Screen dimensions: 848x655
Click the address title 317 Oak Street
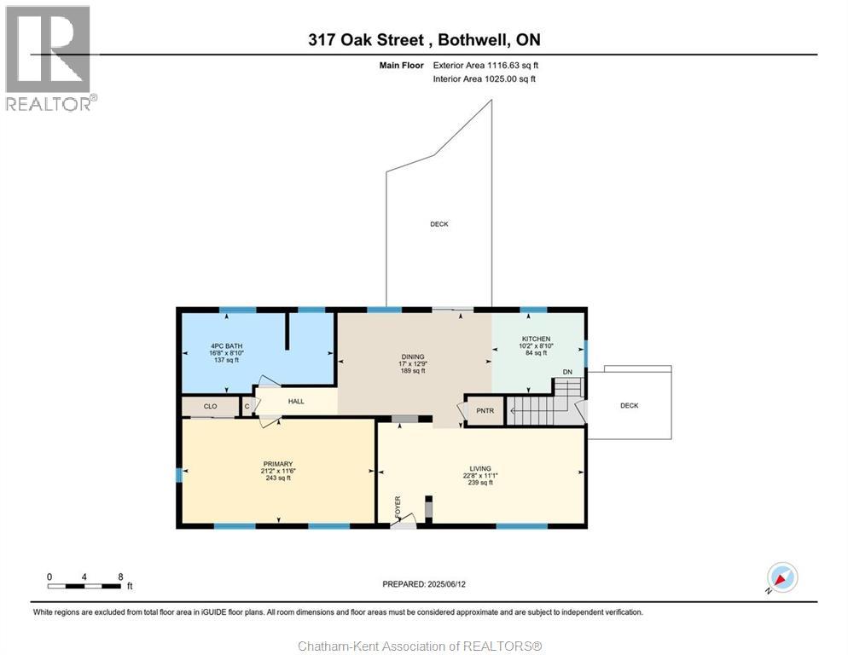click(x=366, y=40)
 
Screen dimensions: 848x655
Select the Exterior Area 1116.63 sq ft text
click(x=485, y=66)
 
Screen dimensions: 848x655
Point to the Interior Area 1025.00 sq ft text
click(x=484, y=79)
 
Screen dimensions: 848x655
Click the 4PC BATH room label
click(x=227, y=346)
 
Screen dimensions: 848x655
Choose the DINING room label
click(x=413, y=357)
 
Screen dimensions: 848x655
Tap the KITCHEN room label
click(x=536, y=339)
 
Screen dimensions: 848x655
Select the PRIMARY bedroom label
click(x=278, y=464)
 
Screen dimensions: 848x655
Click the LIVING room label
click(x=480, y=469)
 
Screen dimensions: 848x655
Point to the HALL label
click(x=296, y=402)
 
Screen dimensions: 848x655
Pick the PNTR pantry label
click(x=485, y=411)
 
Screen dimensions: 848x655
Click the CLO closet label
click(x=211, y=406)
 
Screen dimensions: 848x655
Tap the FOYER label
click(x=398, y=507)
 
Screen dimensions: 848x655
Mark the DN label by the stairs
click(x=567, y=372)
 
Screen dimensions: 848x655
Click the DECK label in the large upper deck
click(x=439, y=224)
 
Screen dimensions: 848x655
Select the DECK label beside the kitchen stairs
click(x=630, y=406)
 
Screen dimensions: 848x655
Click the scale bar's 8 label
click(x=120, y=577)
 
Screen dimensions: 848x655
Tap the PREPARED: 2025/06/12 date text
click(x=424, y=584)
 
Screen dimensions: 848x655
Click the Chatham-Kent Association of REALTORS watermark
click(x=421, y=646)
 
